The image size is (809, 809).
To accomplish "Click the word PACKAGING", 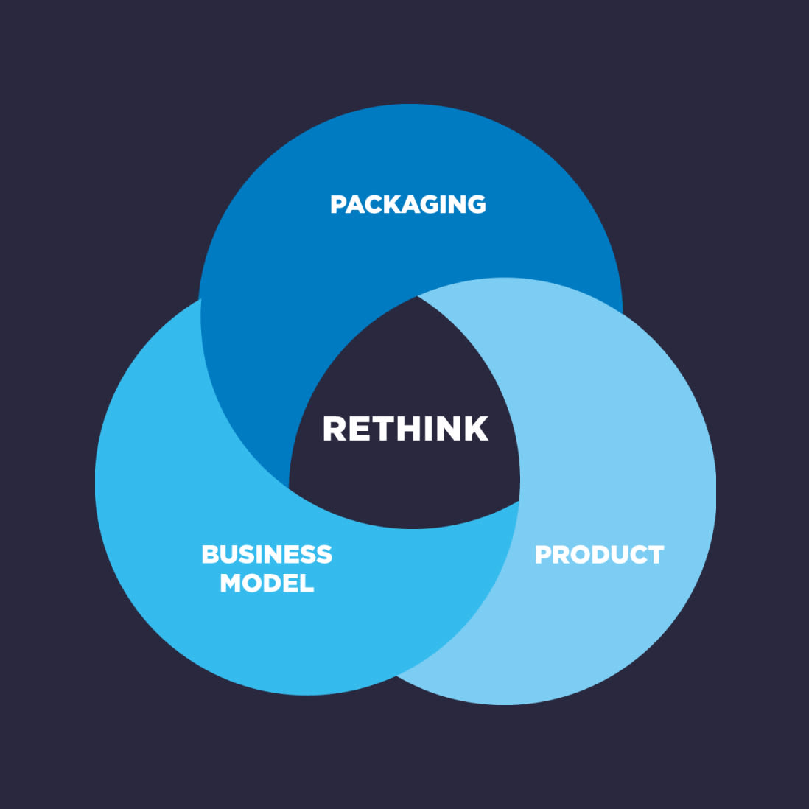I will click(408, 204).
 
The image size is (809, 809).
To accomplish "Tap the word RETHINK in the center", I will click(405, 429).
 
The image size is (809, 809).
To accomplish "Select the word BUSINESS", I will click(267, 554).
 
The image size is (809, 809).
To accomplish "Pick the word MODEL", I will click(267, 584).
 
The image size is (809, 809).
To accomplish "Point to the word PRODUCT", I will click(599, 554).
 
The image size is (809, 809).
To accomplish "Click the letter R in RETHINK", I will click(335, 429).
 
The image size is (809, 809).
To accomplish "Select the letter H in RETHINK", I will click(415, 429).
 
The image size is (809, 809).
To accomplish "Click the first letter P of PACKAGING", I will click(338, 204).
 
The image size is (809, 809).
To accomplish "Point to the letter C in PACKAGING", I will click(376, 204).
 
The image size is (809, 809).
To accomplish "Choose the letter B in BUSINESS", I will click(211, 554).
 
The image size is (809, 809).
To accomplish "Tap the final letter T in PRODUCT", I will click(655, 554).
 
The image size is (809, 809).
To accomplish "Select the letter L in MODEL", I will click(307, 584).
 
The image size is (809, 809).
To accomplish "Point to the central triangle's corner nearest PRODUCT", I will click(519, 501).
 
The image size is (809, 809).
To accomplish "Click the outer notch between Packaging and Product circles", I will click(622, 313).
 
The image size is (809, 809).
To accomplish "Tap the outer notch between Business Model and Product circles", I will click(397, 676).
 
